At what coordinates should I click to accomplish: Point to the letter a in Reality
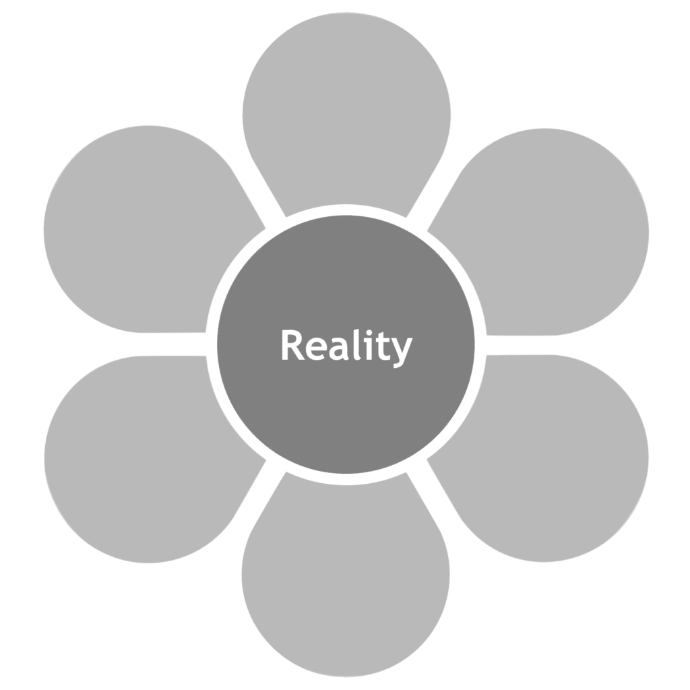point(336,348)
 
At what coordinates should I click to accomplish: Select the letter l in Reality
point(352,344)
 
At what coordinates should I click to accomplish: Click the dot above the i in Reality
point(364,332)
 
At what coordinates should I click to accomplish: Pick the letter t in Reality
point(378,346)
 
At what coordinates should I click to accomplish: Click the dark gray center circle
point(346,404)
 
